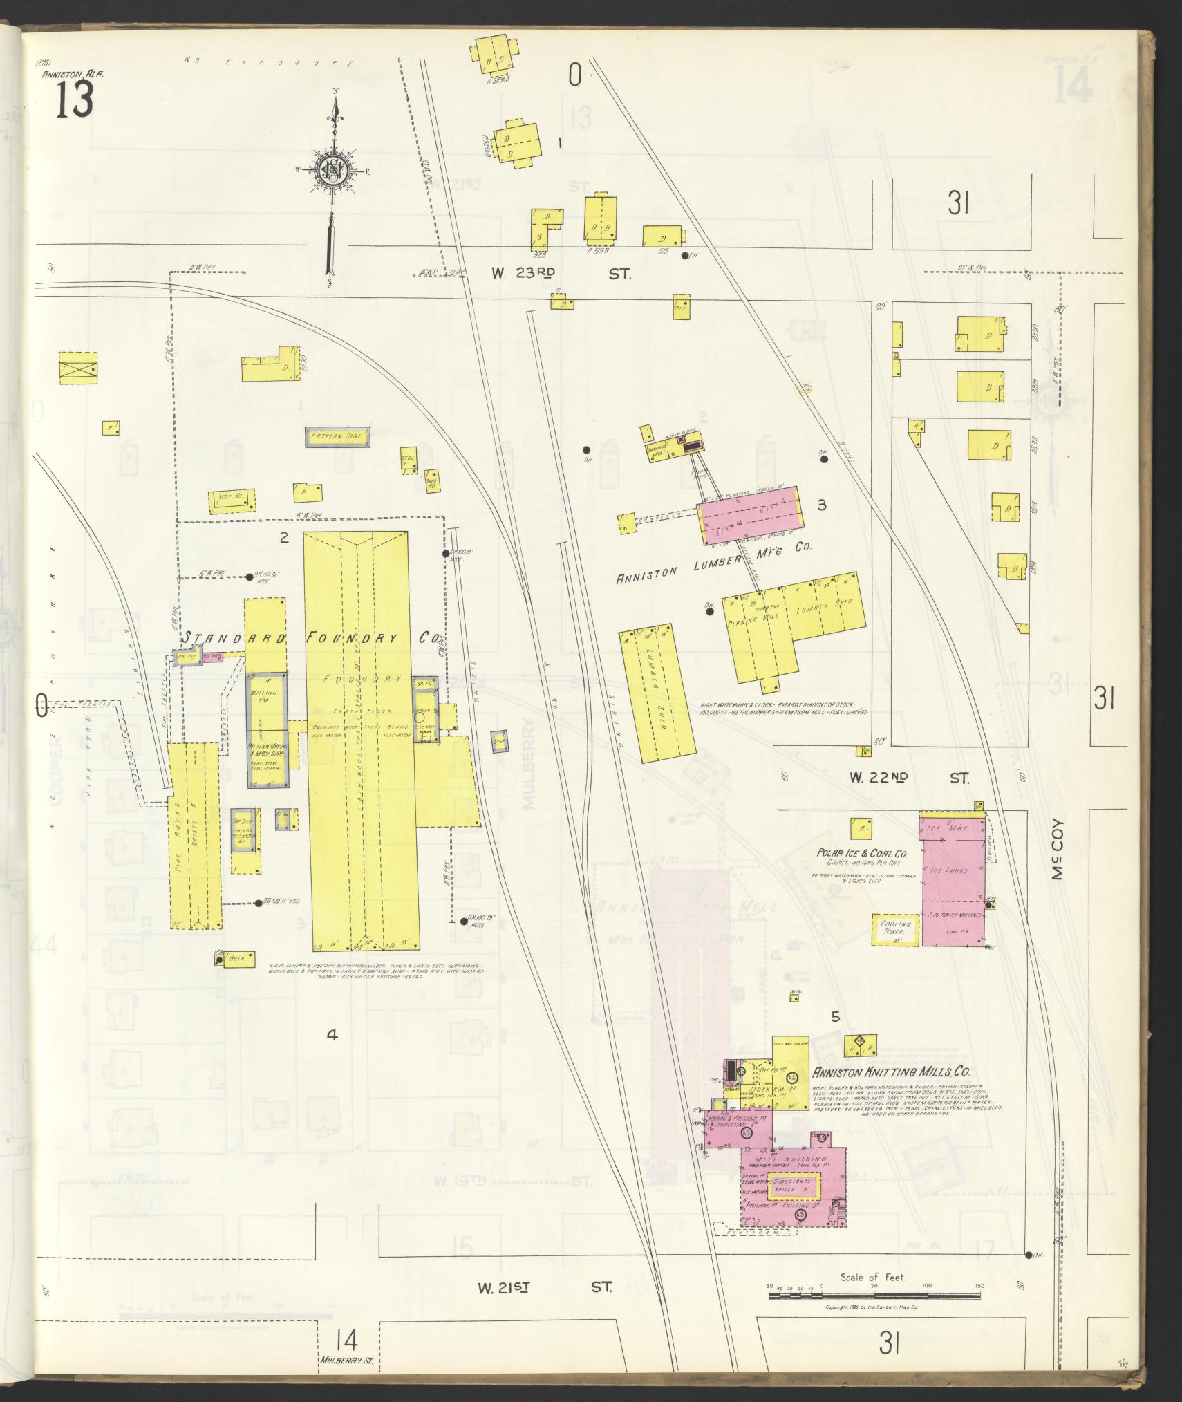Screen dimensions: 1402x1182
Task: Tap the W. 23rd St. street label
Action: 561,274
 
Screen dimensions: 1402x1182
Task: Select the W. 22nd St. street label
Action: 908,778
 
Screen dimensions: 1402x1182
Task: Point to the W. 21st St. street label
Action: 545,1288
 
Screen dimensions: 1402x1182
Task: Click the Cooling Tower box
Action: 895,929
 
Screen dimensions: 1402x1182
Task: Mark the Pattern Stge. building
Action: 338,437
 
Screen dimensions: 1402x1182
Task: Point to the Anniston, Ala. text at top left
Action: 73,74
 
